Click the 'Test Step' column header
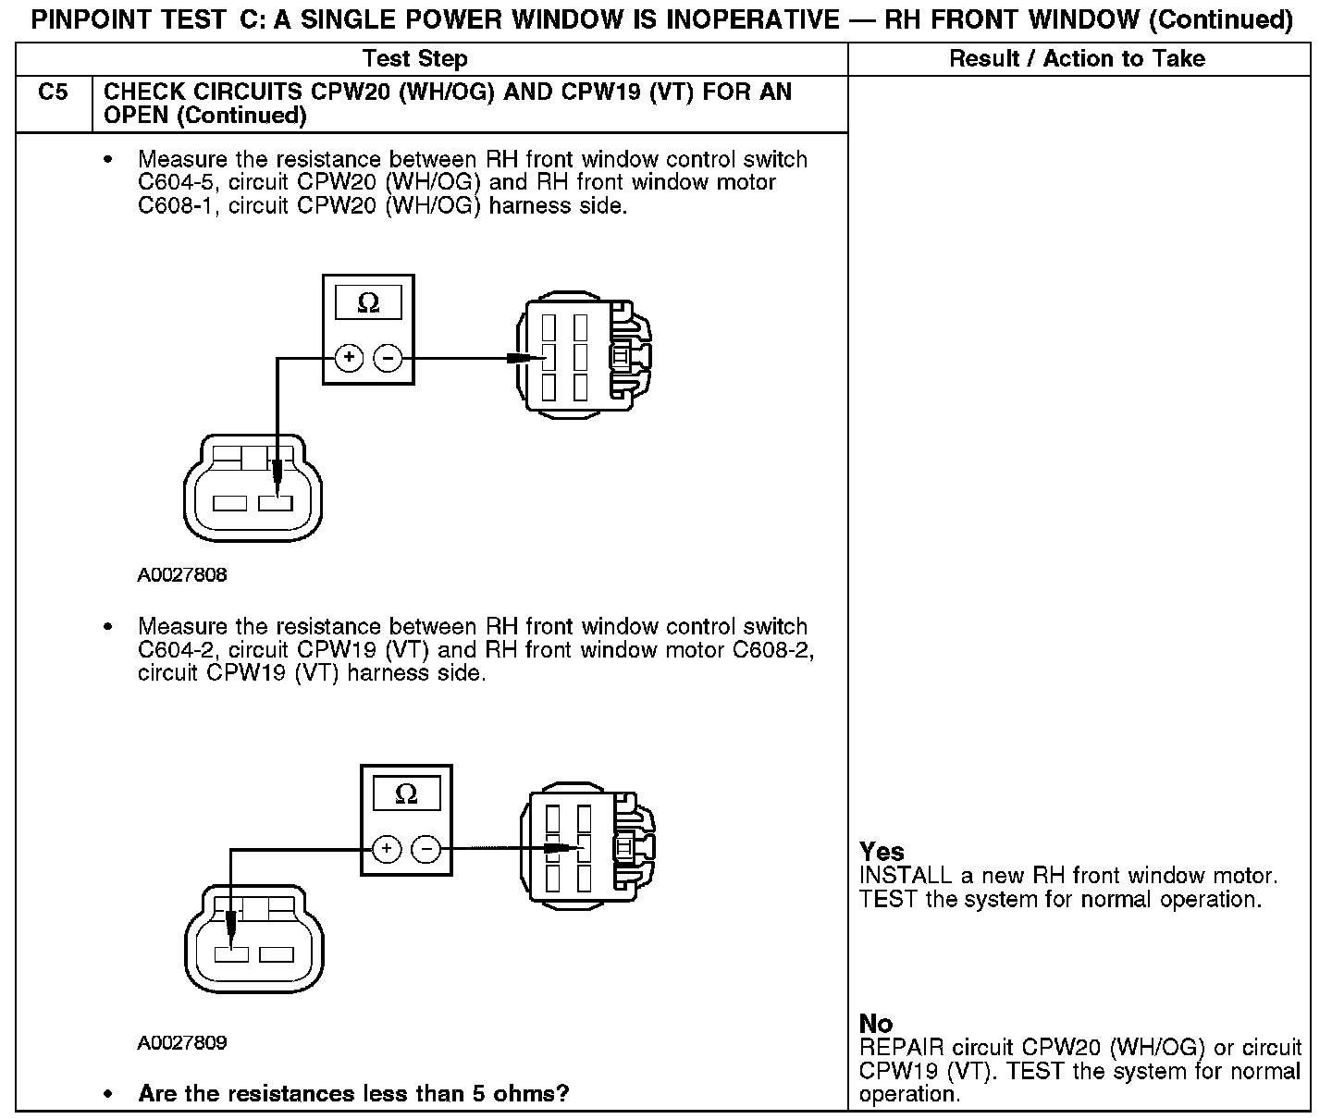pyautogui.click(x=415, y=59)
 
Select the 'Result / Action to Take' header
pyautogui.click(x=1077, y=59)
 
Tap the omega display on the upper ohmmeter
pyautogui.click(x=368, y=303)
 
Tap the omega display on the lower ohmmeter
pyautogui.click(x=406, y=793)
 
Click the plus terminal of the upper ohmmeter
pyautogui.click(x=349, y=358)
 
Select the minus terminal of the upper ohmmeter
pyautogui.click(x=388, y=358)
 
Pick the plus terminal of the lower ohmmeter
pyautogui.click(x=387, y=849)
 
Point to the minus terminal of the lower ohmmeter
pyautogui.click(x=425, y=849)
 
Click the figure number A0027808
pyautogui.click(x=182, y=575)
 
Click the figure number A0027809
pyautogui.click(x=182, y=1043)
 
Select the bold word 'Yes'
pyautogui.click(x=882, y=852)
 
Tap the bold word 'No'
pyautogui.click(x=876, y=1024)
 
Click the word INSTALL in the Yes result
pyautogui.click(x=905, y=876)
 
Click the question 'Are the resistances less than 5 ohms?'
pyautogui.click(x=353, y=1094)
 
